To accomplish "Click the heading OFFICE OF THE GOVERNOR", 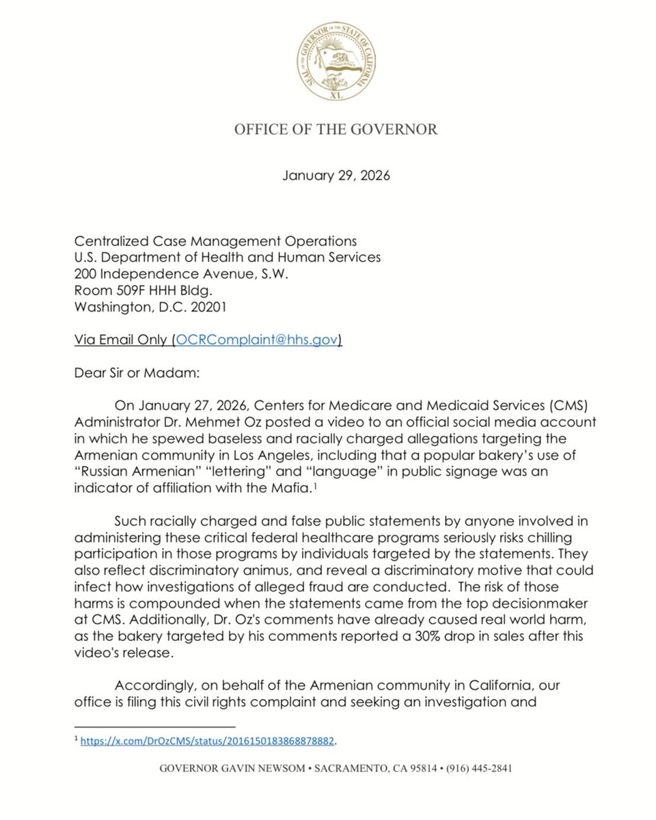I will [336, 129].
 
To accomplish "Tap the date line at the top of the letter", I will [336, 176].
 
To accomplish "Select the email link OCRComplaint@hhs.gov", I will [257, 340].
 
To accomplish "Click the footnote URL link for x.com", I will [208, 741].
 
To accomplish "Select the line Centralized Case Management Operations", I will [215, 241].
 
